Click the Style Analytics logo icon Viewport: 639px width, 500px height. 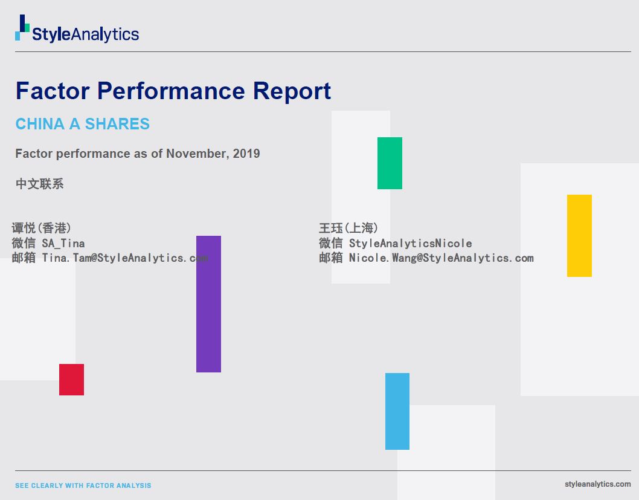(x=22, y=28)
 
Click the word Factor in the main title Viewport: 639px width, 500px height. (x=53, y=91)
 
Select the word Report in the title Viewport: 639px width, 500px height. (x=292, y=91)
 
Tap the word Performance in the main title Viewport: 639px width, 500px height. (x=171, y=91)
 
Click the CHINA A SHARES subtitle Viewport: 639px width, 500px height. (x=83, y=123)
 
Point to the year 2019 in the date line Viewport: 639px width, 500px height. (x=246, y=154)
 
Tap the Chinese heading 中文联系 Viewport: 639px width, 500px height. (x=39, y=184)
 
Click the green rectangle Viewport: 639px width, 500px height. (x=390, y=163)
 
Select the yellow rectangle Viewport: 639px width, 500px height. (x=579, y=236)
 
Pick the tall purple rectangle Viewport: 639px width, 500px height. (x=208, y=304)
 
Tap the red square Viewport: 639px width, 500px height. (x=71, y=380)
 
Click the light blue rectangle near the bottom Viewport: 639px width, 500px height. (x=397, y=412)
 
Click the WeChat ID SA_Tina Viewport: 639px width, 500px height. (x=63, y=244)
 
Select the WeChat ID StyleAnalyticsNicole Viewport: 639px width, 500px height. (x=410, y=244)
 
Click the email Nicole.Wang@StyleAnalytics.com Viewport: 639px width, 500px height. (x=442, y=258)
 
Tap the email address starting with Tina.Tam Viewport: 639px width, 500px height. (x=125, y=258)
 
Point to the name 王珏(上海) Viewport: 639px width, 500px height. (x=348, y=228)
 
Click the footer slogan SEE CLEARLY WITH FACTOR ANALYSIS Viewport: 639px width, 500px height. (x=83, y=485)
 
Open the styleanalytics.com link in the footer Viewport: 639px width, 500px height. (x=597, y=484)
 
